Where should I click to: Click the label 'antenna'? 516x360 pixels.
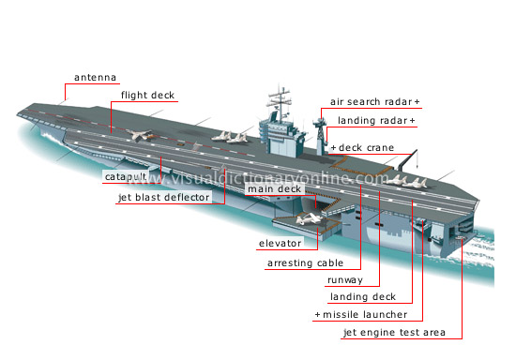click(98, 78)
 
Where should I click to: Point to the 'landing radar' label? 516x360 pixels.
click(368, 121)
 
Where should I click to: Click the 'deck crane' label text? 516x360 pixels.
click(366, 147)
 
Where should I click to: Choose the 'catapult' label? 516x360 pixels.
click(125, 175)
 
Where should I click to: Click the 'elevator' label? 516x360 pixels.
click(280, 244)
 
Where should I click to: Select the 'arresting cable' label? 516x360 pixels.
click(305, 263)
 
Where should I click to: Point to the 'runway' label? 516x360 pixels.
click(344, 280)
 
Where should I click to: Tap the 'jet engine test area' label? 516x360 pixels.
click(400, 332)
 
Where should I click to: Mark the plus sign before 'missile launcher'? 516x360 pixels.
click(317, 314)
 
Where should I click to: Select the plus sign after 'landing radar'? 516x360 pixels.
click(412, 121)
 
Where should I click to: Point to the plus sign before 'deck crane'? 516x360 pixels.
click(332, 147)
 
